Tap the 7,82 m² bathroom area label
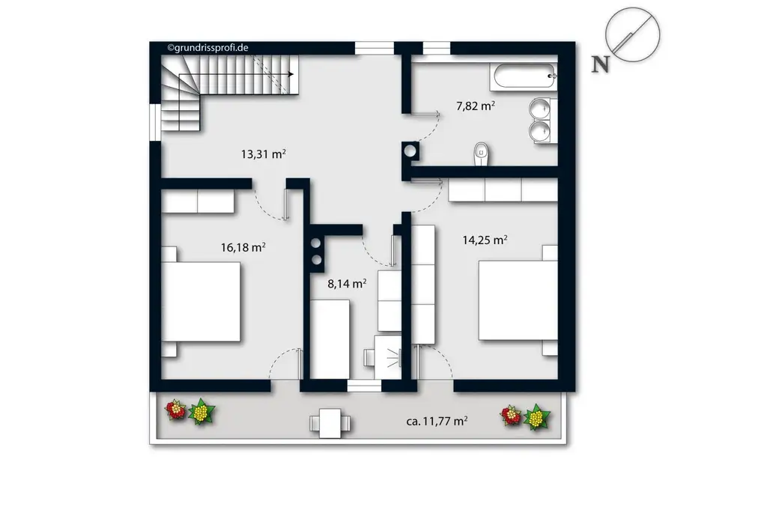475,106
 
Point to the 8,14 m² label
347,284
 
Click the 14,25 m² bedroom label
485,240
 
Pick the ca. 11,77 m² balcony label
437,422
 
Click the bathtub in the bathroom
524,75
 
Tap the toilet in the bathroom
481,153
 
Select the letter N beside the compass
600,64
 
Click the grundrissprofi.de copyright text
208,47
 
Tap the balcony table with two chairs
330,423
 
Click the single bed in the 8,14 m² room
330,339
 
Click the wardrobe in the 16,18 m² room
198,201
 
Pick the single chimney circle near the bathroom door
410,149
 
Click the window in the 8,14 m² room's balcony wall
365,386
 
